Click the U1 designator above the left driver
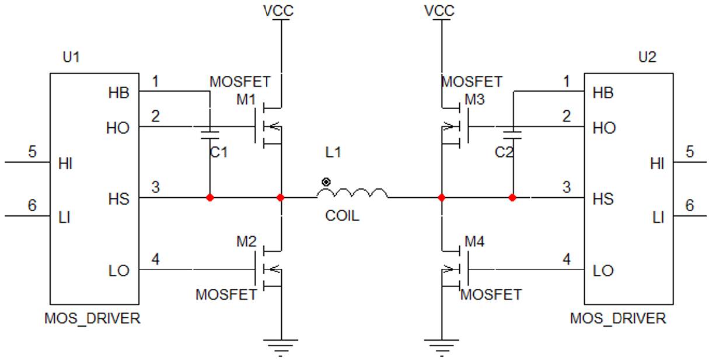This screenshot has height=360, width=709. click(71, 57)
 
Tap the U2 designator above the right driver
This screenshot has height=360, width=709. click(647, 57)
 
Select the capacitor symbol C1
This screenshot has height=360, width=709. click(209, 135)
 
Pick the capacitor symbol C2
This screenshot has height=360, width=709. click(512, 135)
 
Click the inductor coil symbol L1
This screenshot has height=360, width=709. click(352, 193)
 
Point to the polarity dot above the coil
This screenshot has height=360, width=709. click(326, 182)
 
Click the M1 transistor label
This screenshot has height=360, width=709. click(246, 100)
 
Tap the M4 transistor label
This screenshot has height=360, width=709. click(474, 242)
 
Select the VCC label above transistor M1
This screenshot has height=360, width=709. click(278, 11)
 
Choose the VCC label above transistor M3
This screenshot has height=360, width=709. click(439, 11)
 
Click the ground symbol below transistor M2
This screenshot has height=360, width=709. click(281, 348)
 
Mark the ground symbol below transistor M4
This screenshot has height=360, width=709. click(442, 348)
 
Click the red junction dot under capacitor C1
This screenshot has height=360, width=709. click(209, 198)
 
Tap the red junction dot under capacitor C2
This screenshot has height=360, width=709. click(512, 198)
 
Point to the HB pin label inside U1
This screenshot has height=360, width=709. click(118, 93)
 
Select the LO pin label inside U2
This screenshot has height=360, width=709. click(603, 271)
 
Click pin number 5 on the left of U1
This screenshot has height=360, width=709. click(32, 152)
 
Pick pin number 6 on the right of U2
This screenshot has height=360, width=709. click(690, 205)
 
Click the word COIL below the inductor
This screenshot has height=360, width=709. click(342, 216)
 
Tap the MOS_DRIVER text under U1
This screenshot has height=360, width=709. click(92, 319)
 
